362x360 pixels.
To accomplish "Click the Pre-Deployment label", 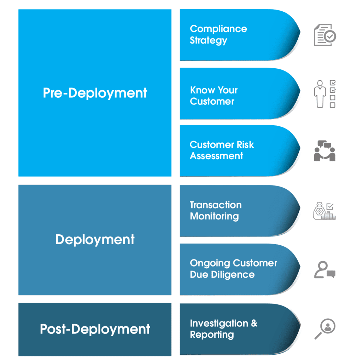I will click(x=95, y=93).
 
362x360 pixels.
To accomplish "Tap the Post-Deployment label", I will click(x=95, y=329).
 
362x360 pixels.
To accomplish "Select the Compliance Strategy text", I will click(x=218, y=34).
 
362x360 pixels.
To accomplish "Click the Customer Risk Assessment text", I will click(x=222, y=150).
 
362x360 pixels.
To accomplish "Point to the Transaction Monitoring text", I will click(x=216, y=210).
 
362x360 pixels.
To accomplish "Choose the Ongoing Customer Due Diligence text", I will click(x=233, y=269).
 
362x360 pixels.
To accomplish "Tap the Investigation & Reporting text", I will click(x=223, y=329).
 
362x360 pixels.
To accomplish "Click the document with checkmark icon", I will click(x=325, y=35).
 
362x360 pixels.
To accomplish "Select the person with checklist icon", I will click(x=325, y=93).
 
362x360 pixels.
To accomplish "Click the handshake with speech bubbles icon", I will click(x=325, y=151).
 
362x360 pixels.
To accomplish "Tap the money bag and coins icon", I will click(x=324, y=211).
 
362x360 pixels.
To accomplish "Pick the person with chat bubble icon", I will click(x=325, y=270).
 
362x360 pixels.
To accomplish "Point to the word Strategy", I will click(x=208, y=40).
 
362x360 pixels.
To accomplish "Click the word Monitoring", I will click(x=214, y=216).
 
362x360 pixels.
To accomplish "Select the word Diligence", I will click(x=232, y=275).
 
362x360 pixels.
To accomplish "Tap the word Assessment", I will click(x=216, y=156).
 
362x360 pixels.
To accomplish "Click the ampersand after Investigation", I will click(x=254, y=323).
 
